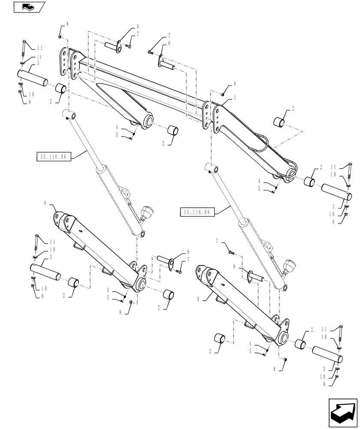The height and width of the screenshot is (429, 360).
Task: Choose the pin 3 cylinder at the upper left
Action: pyautogui.click(x=33, y=79)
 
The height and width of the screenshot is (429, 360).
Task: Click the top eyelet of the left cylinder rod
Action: pyautogui.click(x=71, y=116)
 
